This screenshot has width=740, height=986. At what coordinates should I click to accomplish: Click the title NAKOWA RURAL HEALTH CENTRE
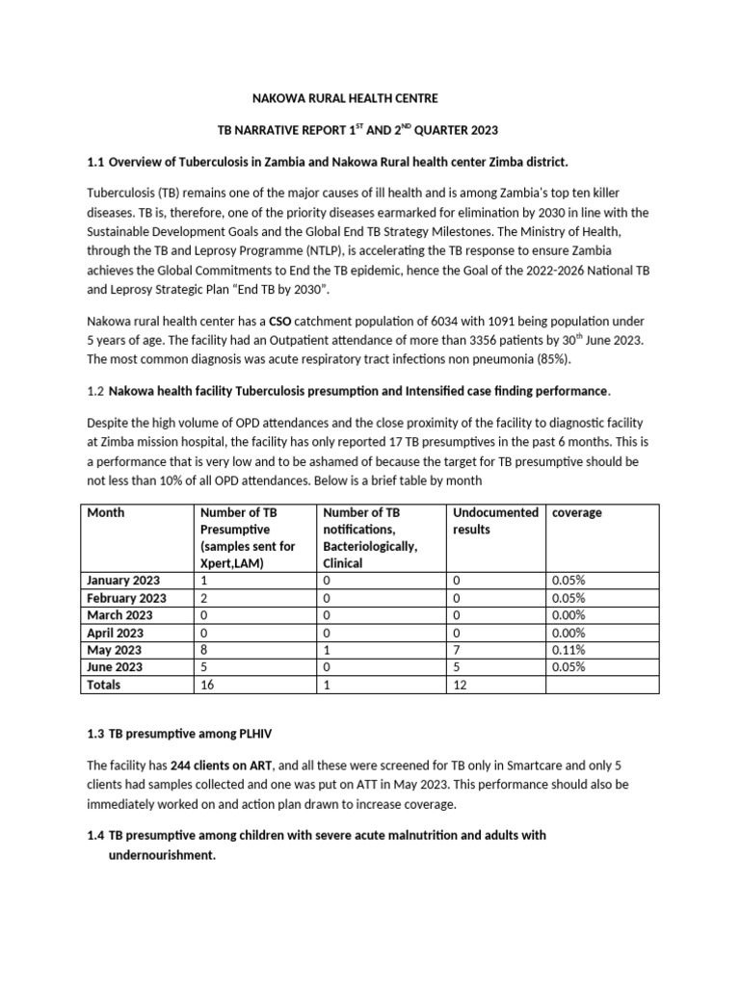pos(344,98)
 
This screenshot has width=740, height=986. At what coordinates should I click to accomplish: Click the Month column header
pos(106,513)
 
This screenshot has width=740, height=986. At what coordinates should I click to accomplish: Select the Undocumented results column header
pos(494,521)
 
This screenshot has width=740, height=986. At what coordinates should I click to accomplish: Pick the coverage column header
pos(576,513)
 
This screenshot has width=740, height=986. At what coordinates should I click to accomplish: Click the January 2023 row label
pos(123,581)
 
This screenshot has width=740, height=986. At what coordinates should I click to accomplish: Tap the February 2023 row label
pos(126,598)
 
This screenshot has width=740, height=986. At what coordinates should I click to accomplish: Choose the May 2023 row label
pos(115,650)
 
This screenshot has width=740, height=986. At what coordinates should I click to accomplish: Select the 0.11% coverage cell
pos(568,650)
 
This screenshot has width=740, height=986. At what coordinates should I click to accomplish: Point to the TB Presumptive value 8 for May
pos(204,650)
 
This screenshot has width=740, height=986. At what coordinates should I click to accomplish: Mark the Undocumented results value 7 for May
pos(457,650)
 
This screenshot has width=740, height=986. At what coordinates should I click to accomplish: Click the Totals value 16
pos(207,685)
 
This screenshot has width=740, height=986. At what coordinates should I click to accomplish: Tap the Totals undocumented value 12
pos(460,685)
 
